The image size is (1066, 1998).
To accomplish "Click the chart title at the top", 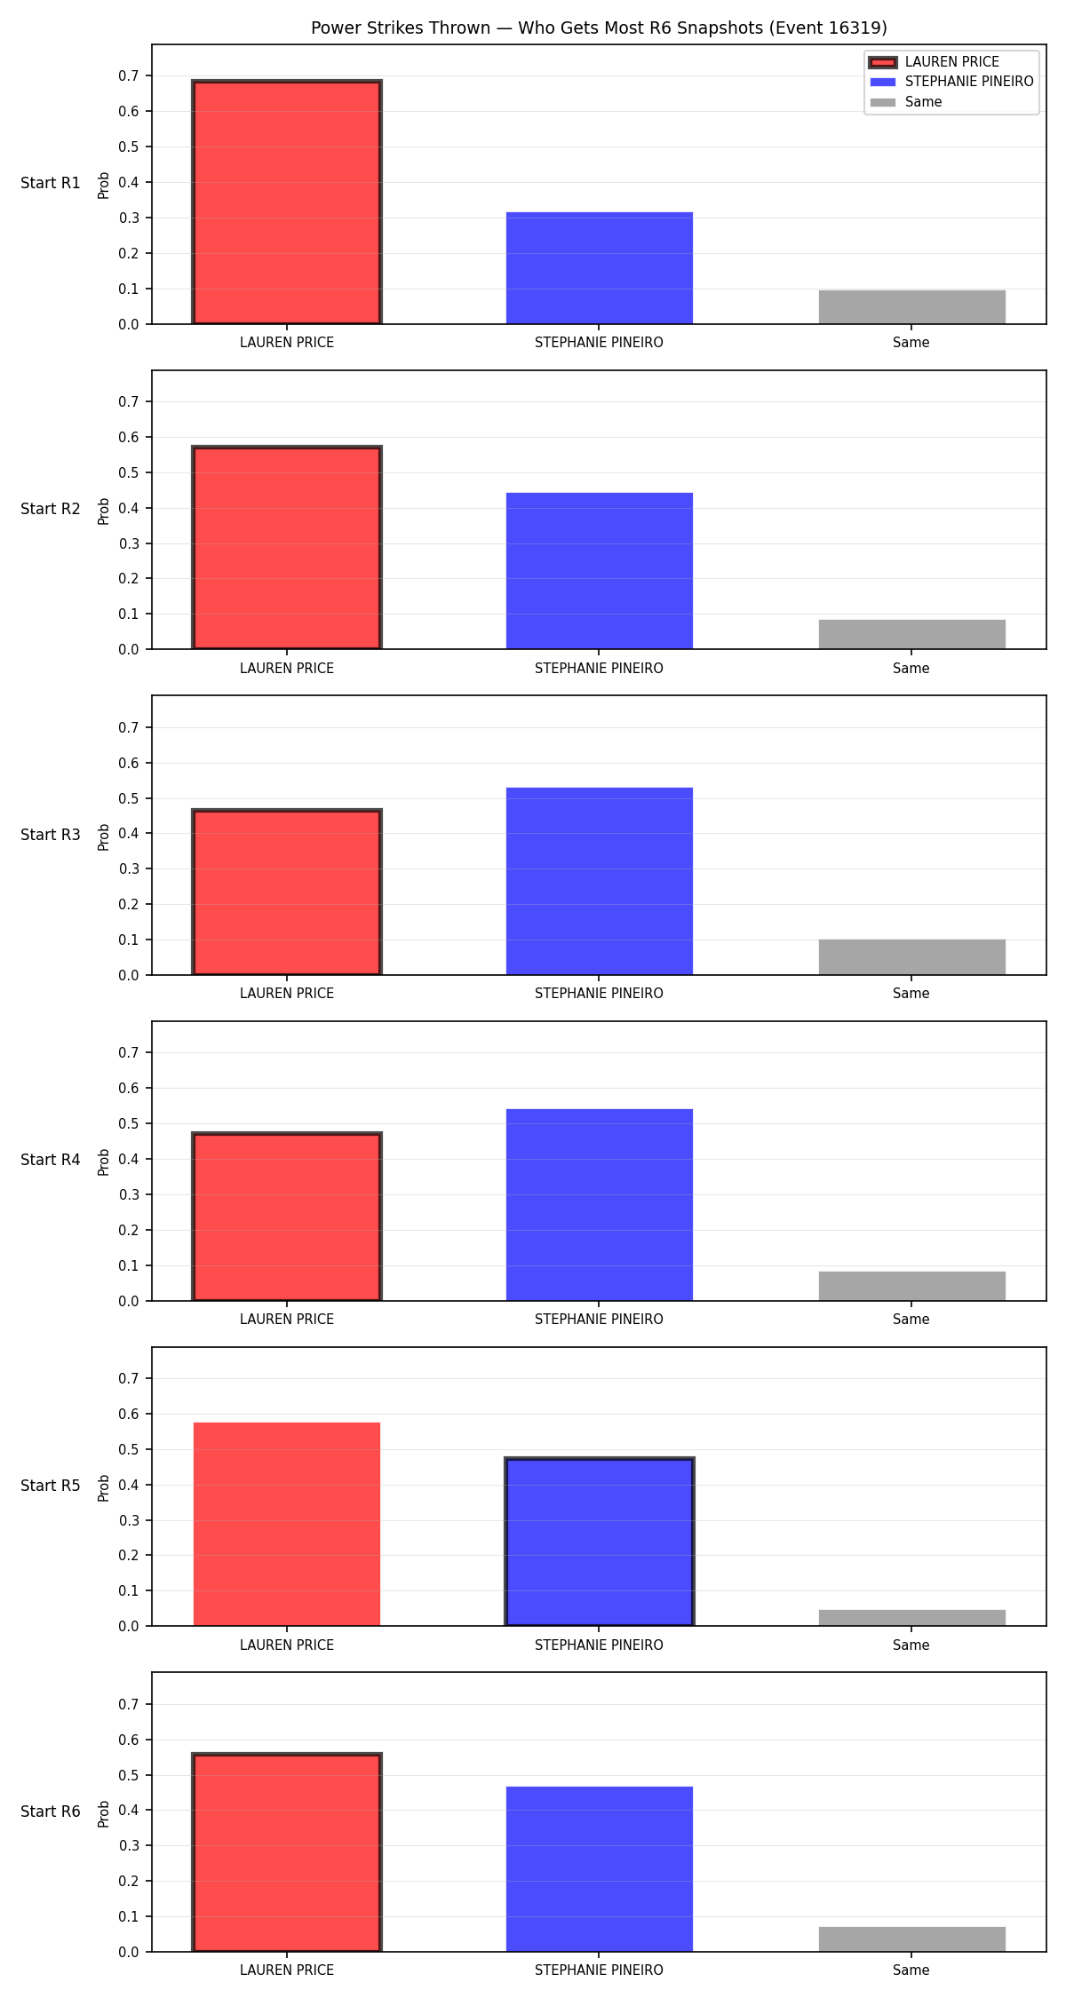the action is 599,28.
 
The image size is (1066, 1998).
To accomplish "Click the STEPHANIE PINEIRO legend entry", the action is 951,82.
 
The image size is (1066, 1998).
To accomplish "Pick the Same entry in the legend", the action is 906,102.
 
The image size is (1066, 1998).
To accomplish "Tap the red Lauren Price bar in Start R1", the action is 287,202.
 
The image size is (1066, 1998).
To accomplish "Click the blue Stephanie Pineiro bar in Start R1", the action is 600,268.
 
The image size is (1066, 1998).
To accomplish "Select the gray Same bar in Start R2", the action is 912,634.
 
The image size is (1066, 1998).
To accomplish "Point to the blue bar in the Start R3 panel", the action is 600,881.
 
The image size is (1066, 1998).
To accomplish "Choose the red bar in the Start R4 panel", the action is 287,1217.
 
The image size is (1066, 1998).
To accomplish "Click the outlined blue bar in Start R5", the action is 600,1542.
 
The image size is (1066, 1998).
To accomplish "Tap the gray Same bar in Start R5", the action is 912,1618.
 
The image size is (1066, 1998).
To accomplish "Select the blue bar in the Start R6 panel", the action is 600,1869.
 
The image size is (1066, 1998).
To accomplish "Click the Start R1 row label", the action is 51,183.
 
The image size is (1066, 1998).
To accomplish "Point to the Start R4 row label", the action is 51,1160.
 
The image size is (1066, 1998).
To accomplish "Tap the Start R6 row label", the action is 51,1812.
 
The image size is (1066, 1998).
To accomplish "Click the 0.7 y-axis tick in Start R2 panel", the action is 129,402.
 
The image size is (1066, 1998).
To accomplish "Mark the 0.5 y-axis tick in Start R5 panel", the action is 129,1450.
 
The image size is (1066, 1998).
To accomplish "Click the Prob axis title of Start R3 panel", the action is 104,836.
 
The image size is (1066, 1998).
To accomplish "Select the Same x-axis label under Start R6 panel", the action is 911,1970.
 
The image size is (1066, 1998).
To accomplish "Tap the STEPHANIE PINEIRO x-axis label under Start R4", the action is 599,1319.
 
